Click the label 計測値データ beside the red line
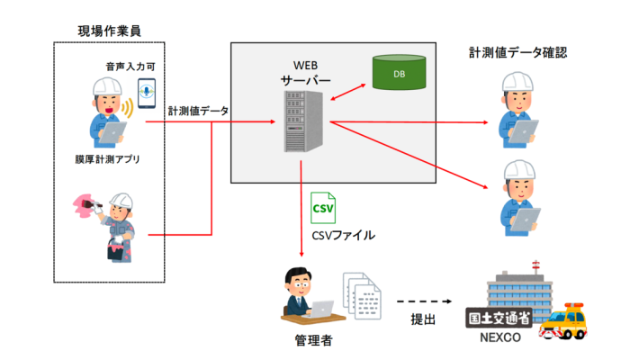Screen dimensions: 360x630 tap(198, 111)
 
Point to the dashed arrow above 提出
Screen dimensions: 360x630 tap(422, 302)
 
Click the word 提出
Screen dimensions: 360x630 tap(423, 320)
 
